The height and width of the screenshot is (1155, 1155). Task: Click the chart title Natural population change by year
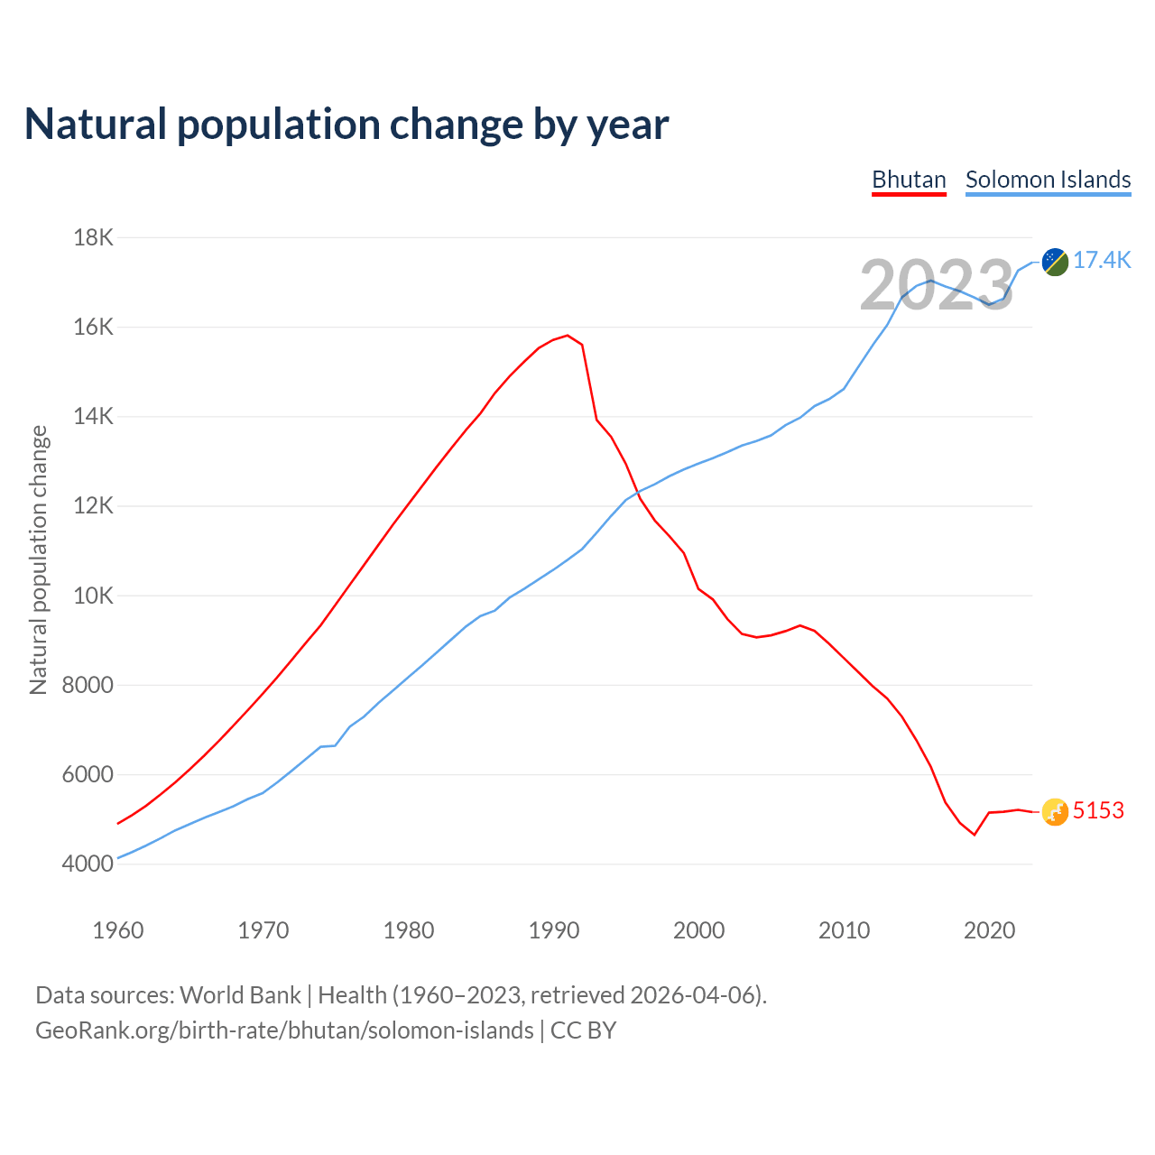tap(346, 125)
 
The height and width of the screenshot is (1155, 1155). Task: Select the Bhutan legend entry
tap(909, 180)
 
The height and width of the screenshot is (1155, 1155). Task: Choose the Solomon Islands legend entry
tap(1048, 180)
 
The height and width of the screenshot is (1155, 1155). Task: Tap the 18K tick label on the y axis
tap(93, 237)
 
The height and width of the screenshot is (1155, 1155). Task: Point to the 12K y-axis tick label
tap(93, 506)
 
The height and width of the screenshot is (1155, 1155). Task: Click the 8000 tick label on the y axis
tap(88, 685)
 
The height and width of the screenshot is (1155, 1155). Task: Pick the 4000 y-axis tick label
tap(88, 864)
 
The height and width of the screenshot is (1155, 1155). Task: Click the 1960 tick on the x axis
tap(118, 930)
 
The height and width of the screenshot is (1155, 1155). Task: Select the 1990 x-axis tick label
tap(554, 930)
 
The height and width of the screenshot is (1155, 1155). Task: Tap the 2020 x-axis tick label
tap(990, 930)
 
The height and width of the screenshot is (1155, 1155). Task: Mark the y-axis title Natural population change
tap(38, 559)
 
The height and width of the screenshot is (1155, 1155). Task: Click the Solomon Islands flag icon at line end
tap(1055, 262)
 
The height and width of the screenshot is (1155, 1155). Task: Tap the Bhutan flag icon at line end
tap(1055, 812)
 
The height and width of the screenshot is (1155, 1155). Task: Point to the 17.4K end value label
tap(1102, 261)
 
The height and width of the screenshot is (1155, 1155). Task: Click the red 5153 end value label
tap(1098, 810)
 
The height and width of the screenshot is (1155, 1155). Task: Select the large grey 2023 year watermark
tap(936, 286)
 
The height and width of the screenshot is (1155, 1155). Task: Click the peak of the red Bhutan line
tap(567, 336)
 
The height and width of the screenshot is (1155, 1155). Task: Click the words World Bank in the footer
tap(240, 995)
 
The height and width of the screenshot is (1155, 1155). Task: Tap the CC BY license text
tap(583, 1030)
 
